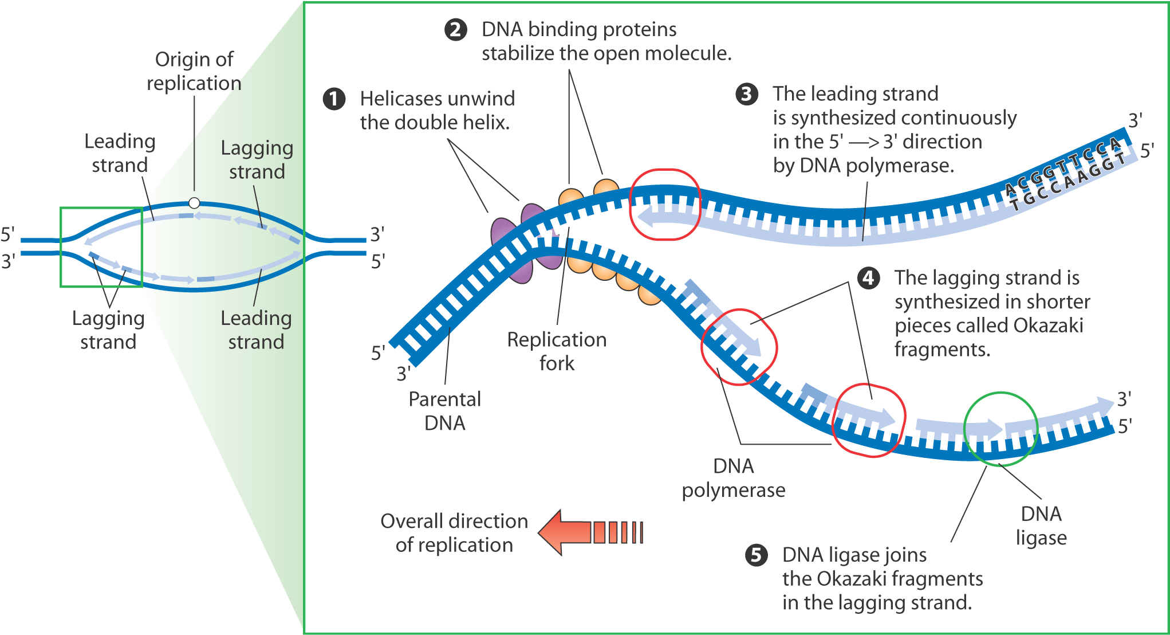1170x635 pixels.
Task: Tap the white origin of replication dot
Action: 194,203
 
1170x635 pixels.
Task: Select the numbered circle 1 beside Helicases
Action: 334,99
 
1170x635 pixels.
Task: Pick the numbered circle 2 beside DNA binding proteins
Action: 456,30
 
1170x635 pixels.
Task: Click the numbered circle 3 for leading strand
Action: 747,94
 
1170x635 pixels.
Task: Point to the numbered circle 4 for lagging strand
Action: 869,278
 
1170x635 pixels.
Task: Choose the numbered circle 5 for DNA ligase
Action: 756,555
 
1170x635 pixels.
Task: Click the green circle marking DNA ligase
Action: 1000,429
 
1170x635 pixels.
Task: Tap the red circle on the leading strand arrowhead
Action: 665,205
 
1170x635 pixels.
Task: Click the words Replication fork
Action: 557,351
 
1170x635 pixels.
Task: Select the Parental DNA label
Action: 445,411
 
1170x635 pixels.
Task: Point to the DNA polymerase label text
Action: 734,478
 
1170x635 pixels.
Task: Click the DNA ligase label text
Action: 1041,526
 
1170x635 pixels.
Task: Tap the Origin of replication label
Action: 194,71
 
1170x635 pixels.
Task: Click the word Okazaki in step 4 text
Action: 1048,326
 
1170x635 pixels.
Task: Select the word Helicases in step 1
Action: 396,99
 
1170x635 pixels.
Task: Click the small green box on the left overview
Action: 101,247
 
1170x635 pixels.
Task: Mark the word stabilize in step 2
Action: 518,53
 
